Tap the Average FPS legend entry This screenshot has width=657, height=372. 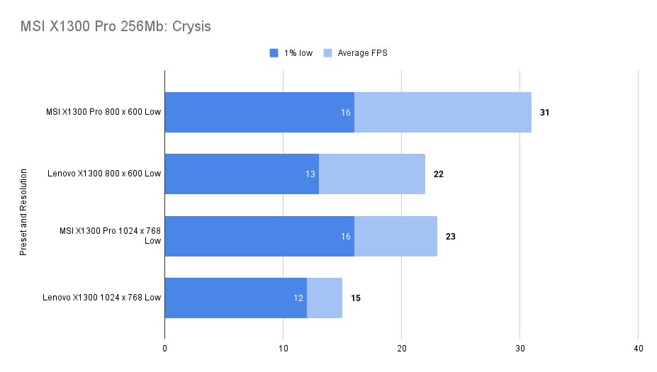coord(355,53)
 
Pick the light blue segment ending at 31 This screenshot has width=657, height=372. coord(443,112)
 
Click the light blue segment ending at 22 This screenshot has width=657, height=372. coord(372,174)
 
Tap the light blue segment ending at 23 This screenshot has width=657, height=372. coord(395,236)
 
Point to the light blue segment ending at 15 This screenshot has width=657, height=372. coord(325,298)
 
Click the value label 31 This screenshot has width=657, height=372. coord(545,112)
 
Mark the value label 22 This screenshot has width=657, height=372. coord(439,174)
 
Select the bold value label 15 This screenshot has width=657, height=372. coord(356,298)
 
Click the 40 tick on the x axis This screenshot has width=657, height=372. coord(638,349)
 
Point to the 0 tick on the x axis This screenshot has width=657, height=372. coord(164,349)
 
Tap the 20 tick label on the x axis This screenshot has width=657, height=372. coord(401,349)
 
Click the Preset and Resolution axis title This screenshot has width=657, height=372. coord(23,212)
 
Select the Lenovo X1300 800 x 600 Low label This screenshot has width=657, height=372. coord(104,174)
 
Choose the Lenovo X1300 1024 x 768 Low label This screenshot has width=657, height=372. coord(102,298)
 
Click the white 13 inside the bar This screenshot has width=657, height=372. coord(310,174)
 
